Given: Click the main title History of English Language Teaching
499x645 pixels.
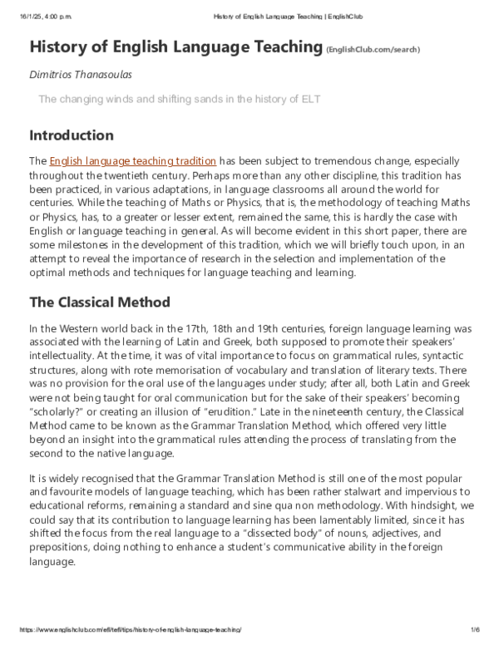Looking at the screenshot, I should [175, 47].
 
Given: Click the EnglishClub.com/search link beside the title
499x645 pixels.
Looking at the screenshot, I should [373, 50].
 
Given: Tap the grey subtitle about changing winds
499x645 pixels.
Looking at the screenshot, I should [179, 100].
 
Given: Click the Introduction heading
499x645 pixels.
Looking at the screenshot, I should [72, 135].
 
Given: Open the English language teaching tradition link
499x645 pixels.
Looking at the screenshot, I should [133, 160].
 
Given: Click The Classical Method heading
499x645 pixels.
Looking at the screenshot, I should [100, 302].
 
